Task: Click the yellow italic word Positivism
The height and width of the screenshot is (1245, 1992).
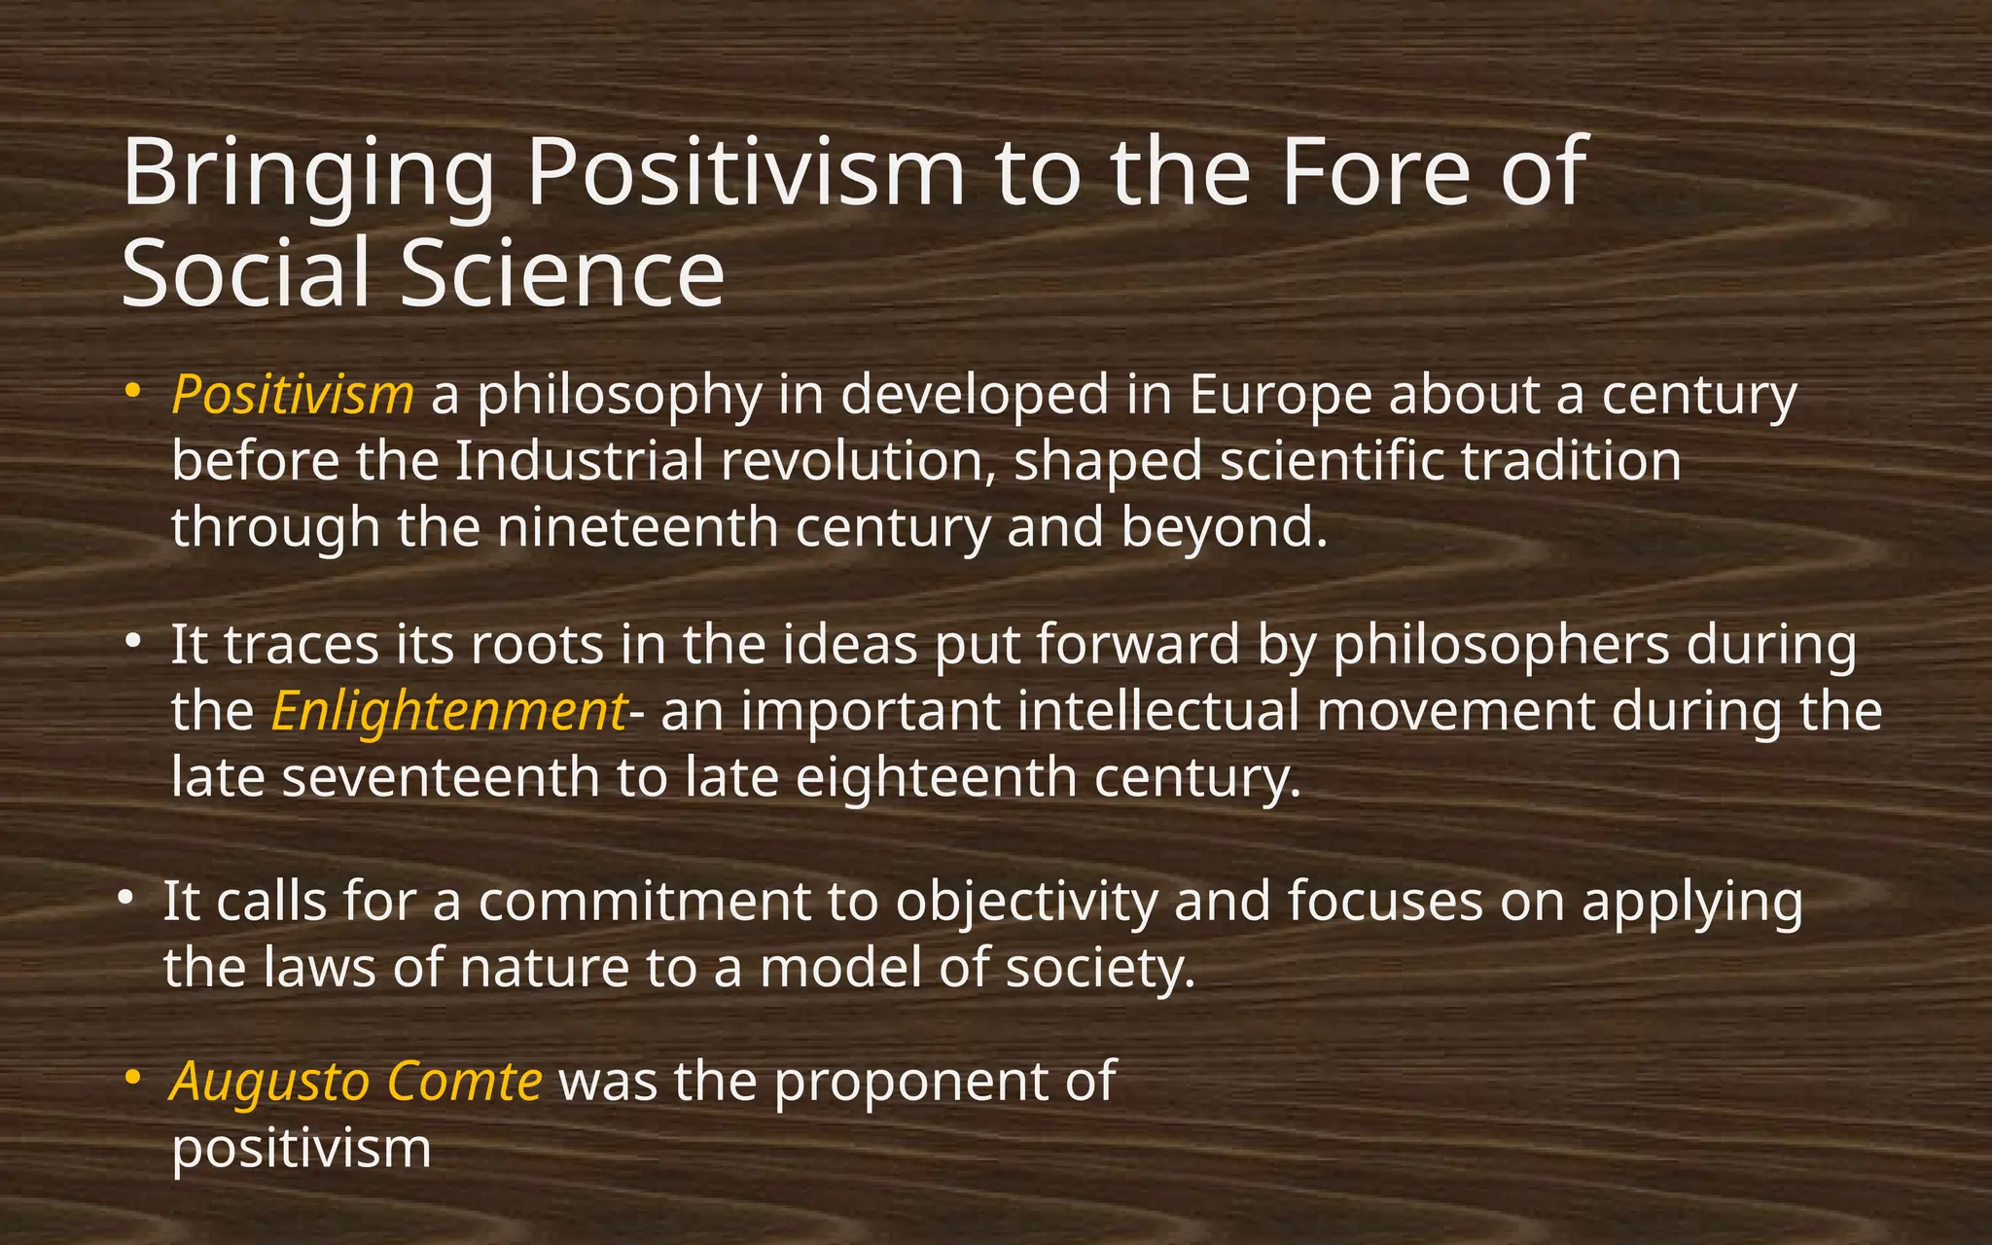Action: (292, 396)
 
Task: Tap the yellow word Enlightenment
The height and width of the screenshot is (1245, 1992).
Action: (448, 712)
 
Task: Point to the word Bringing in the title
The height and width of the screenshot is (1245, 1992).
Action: (307, 175)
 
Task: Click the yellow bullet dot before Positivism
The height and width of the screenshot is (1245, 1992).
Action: (133, 392)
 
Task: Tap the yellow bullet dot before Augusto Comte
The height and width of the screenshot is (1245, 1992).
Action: (133, 1078)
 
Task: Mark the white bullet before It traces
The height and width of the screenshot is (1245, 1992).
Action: (133, 641)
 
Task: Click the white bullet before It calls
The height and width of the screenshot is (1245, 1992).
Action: (125, 898)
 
